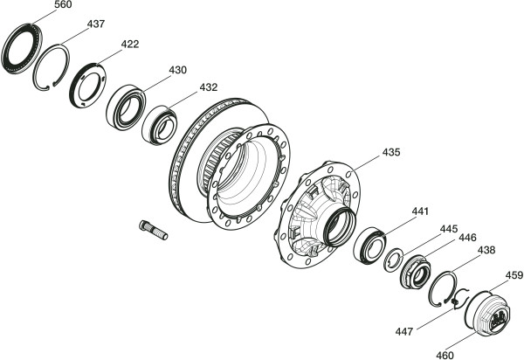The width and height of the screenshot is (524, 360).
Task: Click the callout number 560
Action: (x=63, y=4)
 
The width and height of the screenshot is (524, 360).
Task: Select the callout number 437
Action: (x=96, y=24)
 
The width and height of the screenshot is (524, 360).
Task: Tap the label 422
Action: (x=129, y=44)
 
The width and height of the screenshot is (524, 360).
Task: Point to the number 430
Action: (x=177, y=70)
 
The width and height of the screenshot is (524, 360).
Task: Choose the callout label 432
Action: (x=209, y=87)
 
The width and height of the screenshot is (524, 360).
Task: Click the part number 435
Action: (x=391, y=152)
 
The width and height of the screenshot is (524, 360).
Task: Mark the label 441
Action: (x=420, y=211)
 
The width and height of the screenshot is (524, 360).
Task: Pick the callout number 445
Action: (x=449, y=229)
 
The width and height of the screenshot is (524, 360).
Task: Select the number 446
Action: (x=467, y=238)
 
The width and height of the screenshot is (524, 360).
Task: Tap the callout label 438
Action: (x=486, y=250)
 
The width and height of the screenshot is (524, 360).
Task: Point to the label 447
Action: (x=404, y=331)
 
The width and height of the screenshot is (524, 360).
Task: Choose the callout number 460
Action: (x=445, y=355)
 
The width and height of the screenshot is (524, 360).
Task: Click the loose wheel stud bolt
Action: (x=154, y=230)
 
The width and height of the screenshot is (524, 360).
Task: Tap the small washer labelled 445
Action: (x=395, y=260)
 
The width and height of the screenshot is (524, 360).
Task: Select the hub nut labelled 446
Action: (x=416, y=272)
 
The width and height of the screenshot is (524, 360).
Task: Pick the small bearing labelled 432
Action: (x=159, y=125)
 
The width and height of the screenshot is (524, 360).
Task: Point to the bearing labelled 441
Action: (x=370, y=246)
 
